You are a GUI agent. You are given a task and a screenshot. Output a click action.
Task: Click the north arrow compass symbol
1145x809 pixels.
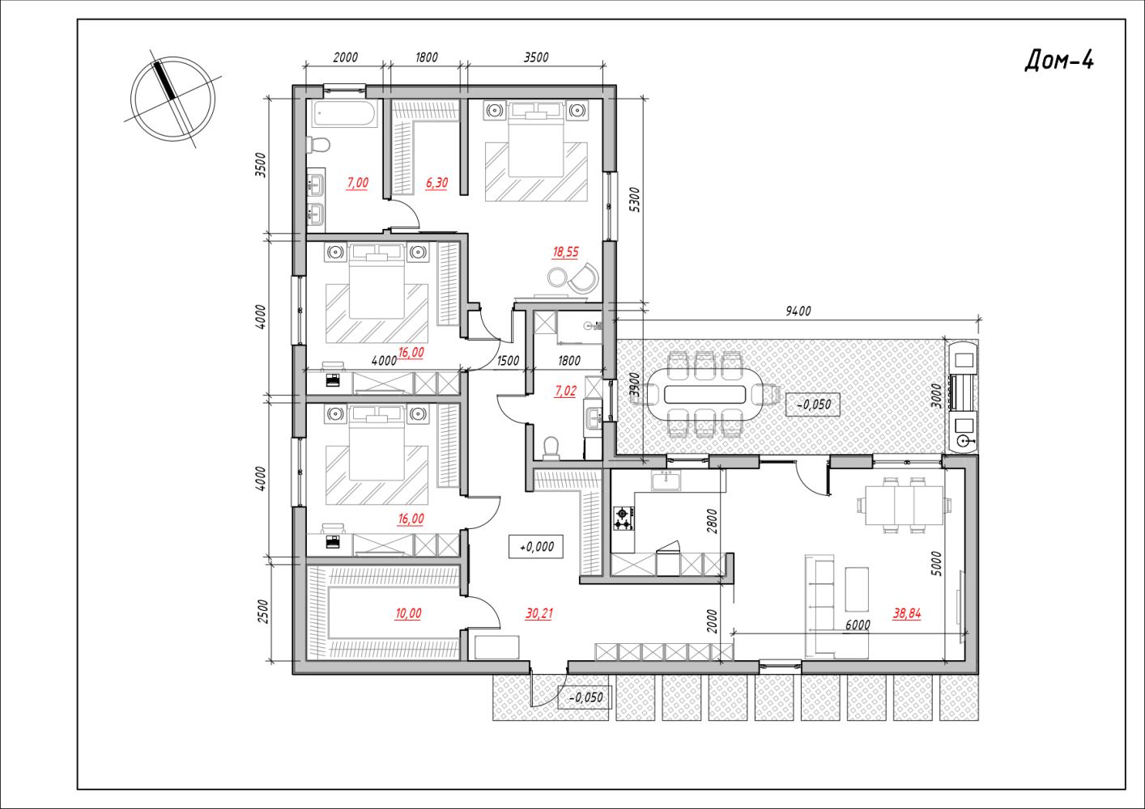point(172,99)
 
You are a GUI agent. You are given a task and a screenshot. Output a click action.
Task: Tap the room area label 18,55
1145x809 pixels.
point(565,252)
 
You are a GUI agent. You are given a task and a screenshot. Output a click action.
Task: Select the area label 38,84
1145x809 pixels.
point(907,613)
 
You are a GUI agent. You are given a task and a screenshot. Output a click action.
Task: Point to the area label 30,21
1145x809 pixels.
point(538,613)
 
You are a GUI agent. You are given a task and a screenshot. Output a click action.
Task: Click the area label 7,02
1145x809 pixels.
point(565,392)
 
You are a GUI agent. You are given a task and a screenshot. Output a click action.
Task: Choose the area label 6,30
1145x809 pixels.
point(436,183)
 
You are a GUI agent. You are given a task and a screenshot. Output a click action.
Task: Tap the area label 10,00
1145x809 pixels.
point(408,613)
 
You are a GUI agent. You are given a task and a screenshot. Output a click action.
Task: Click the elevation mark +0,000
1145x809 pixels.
point(536,547)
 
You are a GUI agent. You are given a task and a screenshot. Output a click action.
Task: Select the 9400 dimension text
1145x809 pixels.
point(798,311)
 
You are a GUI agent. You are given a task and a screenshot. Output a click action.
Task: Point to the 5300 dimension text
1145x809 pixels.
point(633,200)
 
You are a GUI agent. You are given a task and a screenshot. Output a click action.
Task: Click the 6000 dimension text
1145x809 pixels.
point(858,625)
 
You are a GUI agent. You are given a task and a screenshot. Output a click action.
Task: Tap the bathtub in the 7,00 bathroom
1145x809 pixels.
point(345,113)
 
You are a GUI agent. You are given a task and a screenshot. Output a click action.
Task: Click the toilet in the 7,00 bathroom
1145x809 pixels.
point(317,145)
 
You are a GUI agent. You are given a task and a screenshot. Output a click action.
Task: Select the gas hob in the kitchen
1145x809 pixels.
point(624,519)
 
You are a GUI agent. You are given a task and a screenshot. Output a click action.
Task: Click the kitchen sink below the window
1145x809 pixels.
point(666,481)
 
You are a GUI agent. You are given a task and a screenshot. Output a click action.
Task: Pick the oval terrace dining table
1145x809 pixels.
point(704,394)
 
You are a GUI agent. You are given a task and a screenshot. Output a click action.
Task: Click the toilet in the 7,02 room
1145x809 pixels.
point(551,447)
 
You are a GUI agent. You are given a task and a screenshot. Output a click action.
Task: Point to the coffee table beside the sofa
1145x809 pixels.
point(857,590)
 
